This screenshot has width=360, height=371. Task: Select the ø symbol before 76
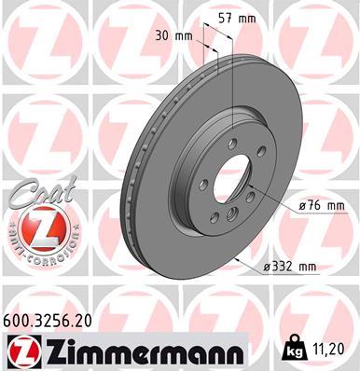277,204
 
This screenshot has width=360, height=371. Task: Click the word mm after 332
307,267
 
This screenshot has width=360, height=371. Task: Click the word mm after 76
309,204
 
